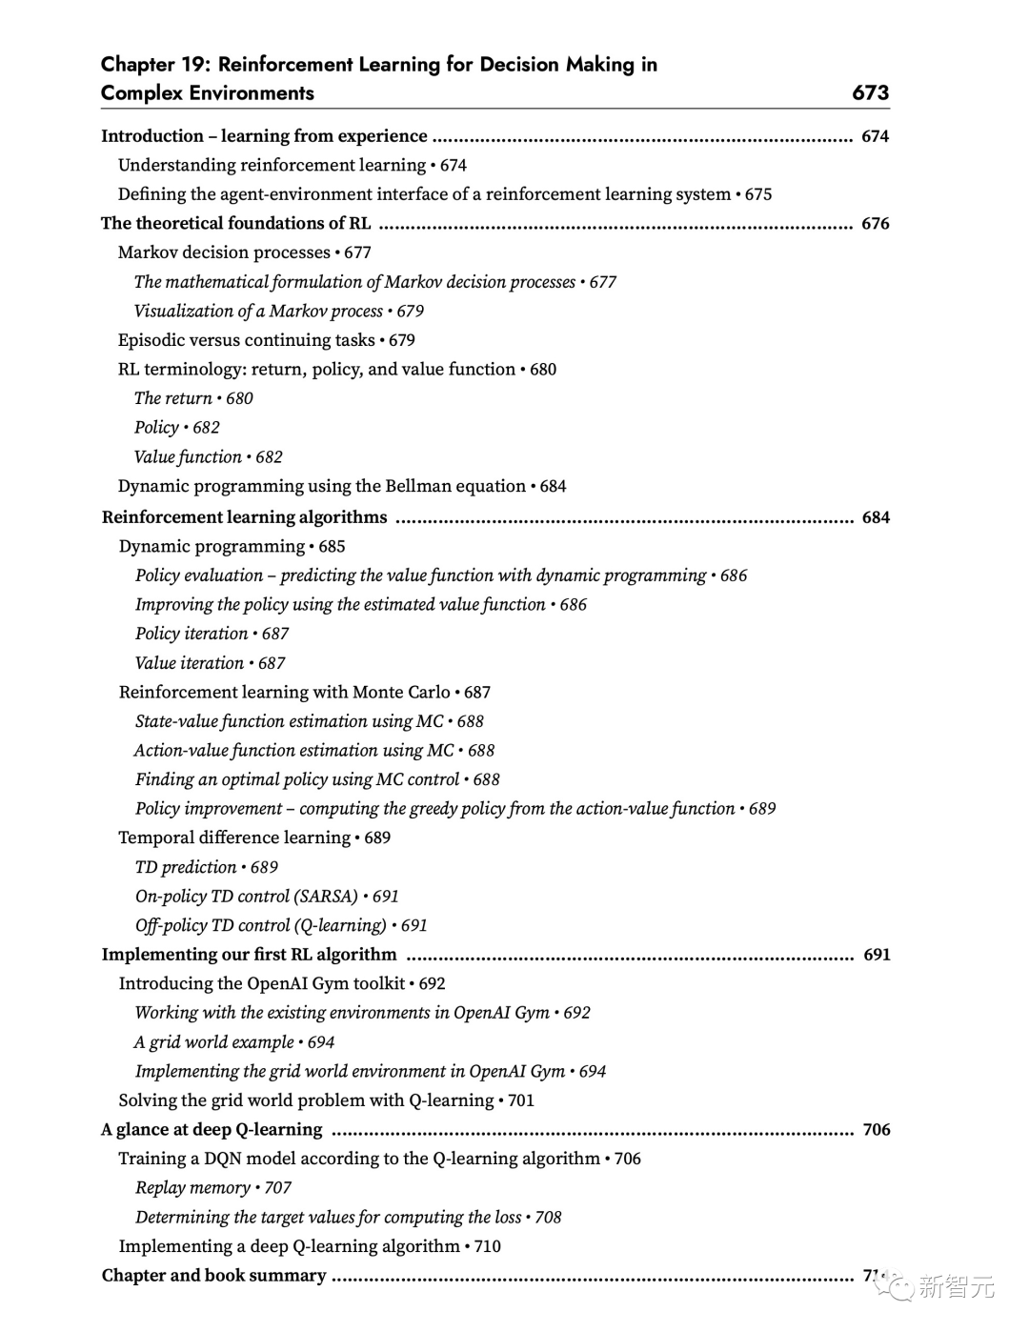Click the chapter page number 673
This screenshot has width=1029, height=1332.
[x=870, y=92]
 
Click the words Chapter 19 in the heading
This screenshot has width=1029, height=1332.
[x=151, y=65]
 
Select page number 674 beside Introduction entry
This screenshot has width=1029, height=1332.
[x=875, y=136]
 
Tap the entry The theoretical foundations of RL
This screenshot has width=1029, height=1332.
[x=235, y=224]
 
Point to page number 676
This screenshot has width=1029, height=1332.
[x=875, y=224]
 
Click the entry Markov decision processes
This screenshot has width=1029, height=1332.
[x=224, y=252]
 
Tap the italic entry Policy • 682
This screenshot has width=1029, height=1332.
[x=176, y=428]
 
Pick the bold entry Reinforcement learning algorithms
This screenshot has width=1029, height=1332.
[x=244, y=517]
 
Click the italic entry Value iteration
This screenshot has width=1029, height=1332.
[x=190, y=663]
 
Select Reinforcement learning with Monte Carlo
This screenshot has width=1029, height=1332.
[x=284, y=693]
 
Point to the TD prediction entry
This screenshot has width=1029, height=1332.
[x=186, y=867]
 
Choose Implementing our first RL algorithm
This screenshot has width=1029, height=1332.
[x=249, y=955]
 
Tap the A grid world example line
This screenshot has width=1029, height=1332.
[x=214, y=1042]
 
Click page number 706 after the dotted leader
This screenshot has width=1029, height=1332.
[x=876, y=1130]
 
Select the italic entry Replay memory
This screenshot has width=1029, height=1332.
[x=192, y=1188]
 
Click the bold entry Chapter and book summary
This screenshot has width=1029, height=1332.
[x=213, y=1276]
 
